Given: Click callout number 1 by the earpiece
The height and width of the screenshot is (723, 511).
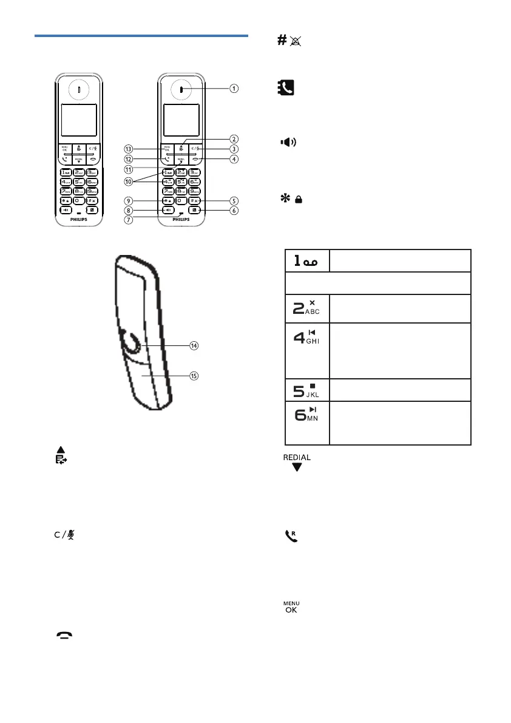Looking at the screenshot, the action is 234,88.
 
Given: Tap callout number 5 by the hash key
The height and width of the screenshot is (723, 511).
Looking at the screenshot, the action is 234,200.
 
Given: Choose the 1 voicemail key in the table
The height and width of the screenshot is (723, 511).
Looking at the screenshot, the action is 307,260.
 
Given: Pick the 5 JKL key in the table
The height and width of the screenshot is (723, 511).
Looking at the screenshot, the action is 307,389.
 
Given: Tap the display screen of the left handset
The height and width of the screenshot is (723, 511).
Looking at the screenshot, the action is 79,120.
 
